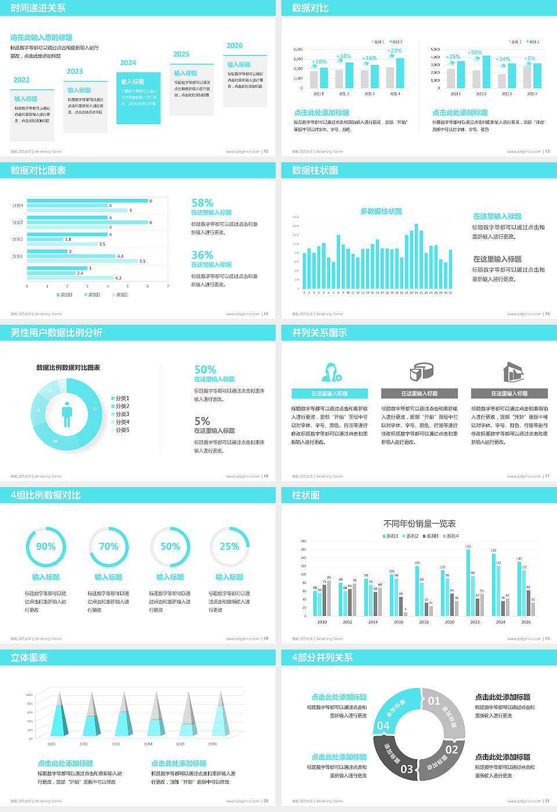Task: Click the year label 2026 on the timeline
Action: point(234,46)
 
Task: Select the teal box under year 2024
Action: point(138,97)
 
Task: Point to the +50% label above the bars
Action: point(475,53)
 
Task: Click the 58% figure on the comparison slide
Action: point(202,203)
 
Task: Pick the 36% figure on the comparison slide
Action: point(202,255)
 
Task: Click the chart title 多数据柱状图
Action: point(381,211)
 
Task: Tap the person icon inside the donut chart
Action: point(67,414)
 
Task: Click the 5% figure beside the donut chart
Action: point(202,422)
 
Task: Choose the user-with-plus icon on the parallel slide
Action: point(331,372)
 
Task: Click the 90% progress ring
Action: point(46,546)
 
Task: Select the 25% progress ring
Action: point(229,546)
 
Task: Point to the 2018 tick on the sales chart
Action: point(424,622)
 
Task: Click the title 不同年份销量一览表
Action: point(419,523)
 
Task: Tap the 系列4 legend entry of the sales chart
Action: point(451,536)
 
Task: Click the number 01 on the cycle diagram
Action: point(434,701)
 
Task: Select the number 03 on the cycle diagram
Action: point(407,769)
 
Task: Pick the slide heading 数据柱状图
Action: point(315,171)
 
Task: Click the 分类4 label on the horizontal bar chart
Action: point(18,206)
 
